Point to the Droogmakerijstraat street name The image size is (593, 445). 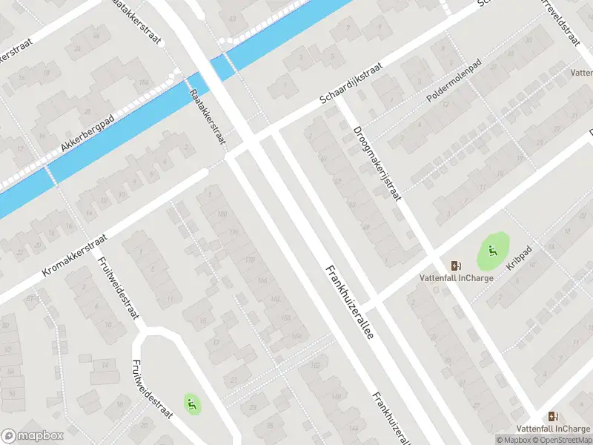tap(377, 162)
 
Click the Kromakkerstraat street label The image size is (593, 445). tap(75, 256)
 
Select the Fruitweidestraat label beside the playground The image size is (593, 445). tap(151, 389)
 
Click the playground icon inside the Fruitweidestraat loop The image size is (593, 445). tap(192, 403)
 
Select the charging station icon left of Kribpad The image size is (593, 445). tap(455, 266)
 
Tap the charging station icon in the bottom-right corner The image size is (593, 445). tap(552, 417)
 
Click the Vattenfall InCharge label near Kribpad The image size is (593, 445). tap(455, 278)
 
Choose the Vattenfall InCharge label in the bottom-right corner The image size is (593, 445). tap(554, 429)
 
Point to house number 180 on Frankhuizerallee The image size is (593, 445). tap(221, 214)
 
